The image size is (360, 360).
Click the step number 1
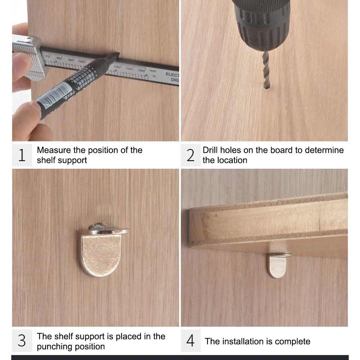[22, 155]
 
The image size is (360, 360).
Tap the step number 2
[190, 155]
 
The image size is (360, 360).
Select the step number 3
[22, 341]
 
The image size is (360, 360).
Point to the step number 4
[190, 341]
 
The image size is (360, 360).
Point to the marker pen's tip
[117, 55]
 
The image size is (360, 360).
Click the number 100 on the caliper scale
[81, 61]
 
